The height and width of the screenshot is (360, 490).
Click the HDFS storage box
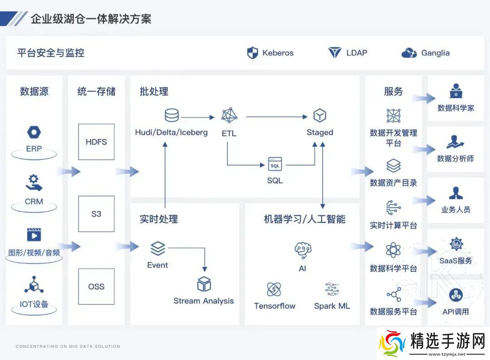96,142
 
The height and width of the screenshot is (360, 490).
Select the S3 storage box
96,214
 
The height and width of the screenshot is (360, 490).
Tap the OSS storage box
96,286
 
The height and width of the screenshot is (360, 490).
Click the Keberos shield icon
252,53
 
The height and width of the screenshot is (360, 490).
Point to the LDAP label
357,53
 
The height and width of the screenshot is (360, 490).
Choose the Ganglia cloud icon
409,53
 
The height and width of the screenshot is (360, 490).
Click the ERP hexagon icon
34,133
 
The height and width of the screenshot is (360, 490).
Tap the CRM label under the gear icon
34,201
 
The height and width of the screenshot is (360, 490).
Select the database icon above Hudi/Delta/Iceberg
171,115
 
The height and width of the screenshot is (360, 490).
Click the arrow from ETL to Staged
277,117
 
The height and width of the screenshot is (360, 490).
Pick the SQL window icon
275,164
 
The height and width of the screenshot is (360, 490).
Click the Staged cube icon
320,115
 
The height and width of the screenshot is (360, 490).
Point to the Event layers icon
157,248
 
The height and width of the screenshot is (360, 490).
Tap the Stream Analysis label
204,301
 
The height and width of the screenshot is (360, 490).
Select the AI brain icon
303,250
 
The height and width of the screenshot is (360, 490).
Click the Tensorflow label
274,306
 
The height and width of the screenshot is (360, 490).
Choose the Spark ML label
332,306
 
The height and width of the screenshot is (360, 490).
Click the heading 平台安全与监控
51,53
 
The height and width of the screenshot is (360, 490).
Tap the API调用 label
456,311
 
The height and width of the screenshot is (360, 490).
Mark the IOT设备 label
34,304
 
